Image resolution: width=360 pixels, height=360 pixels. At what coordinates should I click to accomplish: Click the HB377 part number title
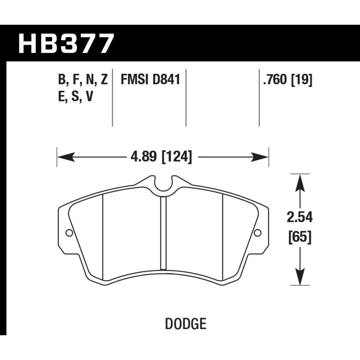click(x=66, y=44)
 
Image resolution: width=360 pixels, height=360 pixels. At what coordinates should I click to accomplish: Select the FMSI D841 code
click(x=150, y=80)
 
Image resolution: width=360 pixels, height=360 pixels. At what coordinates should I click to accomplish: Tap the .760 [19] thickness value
click(x=288, y=80)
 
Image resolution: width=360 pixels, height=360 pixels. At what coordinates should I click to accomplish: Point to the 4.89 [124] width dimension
click(x=161, y=157)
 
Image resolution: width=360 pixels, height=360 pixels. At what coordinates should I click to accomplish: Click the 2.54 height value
click(x=300, y=217)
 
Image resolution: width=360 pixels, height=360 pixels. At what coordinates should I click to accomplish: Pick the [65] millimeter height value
click(x=300, y=237)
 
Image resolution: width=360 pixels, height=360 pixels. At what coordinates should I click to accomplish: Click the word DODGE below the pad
click(x=186, y=324)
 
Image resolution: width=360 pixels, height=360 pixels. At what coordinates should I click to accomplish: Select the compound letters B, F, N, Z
click(x=83, y=80)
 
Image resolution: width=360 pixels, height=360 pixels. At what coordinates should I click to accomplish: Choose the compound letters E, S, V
click(x=76, y=96)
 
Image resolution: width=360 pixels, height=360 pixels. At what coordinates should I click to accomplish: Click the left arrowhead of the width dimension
click(x=66, y=157)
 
